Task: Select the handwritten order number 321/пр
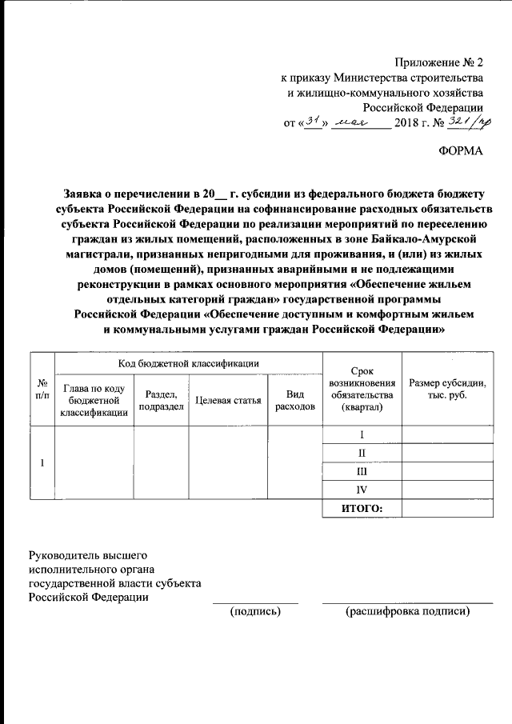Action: click(x=470, y=122)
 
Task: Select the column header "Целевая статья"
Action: click(x=228, y=400)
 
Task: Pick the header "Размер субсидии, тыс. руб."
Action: click(x=447, y=390)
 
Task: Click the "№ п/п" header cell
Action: click(x=42, y=390)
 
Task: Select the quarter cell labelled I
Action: click(x=361, y=434)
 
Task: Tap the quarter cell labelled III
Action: click(x=361, y=472)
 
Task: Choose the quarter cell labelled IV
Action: click(x=361, y=490)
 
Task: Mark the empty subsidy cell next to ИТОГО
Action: click(x=447, y=508)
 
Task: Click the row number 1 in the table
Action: click(x=42, y=462)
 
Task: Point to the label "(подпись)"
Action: click(x=254, y=611)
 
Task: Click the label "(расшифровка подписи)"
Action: click(x=407, y=611)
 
